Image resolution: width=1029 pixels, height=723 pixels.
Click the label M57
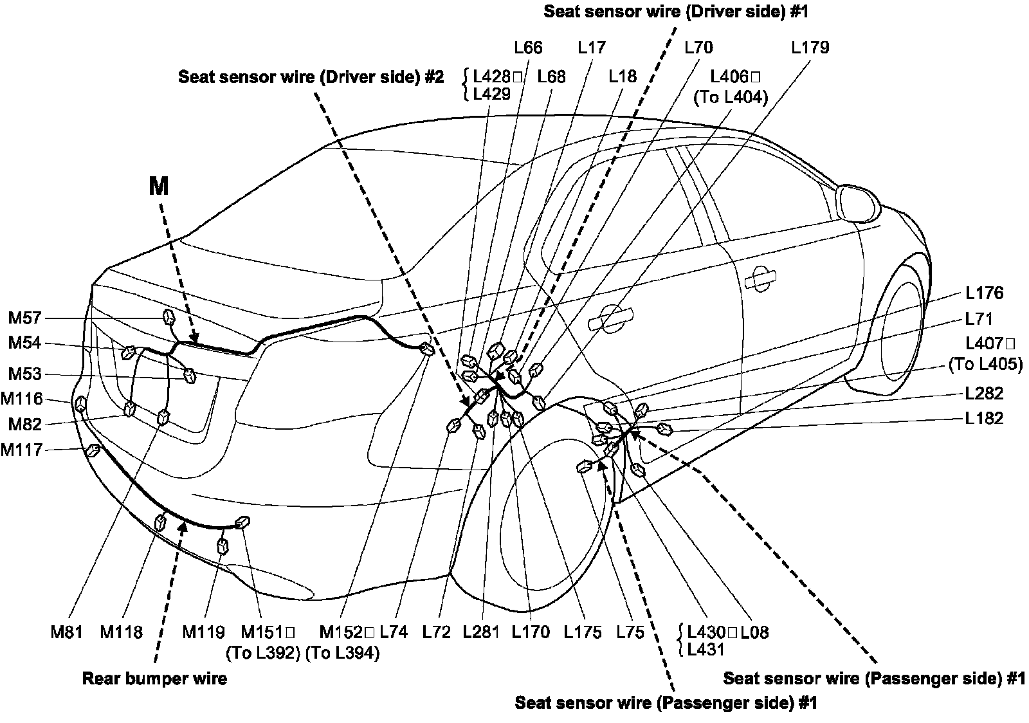(x=24, y=318)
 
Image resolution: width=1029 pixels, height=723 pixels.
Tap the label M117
(x=21, y=450)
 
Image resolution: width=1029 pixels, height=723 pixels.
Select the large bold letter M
(x=158, y=187)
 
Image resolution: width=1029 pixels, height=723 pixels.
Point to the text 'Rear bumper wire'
(x=154, y=679)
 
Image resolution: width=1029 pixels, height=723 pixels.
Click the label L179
(x=810, y=48)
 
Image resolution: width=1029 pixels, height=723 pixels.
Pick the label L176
(x=984, y=293)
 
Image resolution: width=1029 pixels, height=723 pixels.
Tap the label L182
(x=984, y=418)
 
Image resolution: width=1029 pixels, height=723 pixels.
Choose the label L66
(x=528, y=48)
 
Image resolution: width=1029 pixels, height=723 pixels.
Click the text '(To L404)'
(x=731, y=98)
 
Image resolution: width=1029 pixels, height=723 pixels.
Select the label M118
(x=121, y=632)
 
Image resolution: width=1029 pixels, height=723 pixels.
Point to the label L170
(x=531, y=632)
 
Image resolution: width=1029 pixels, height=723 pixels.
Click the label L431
(x=706, y=650)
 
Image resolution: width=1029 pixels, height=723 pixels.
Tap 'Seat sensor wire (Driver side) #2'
(x=311, y=77)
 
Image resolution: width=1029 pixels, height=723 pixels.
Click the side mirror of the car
(x=857, y=201)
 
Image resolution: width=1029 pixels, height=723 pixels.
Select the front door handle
(x=760, y=278)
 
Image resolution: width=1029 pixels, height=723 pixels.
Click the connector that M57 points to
(x=169, y=318)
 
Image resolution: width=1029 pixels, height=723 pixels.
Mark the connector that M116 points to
(x=81, y=404)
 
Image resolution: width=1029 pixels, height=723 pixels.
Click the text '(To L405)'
(x=985, y=364)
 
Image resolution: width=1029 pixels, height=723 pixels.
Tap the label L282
(x=984, y=393)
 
